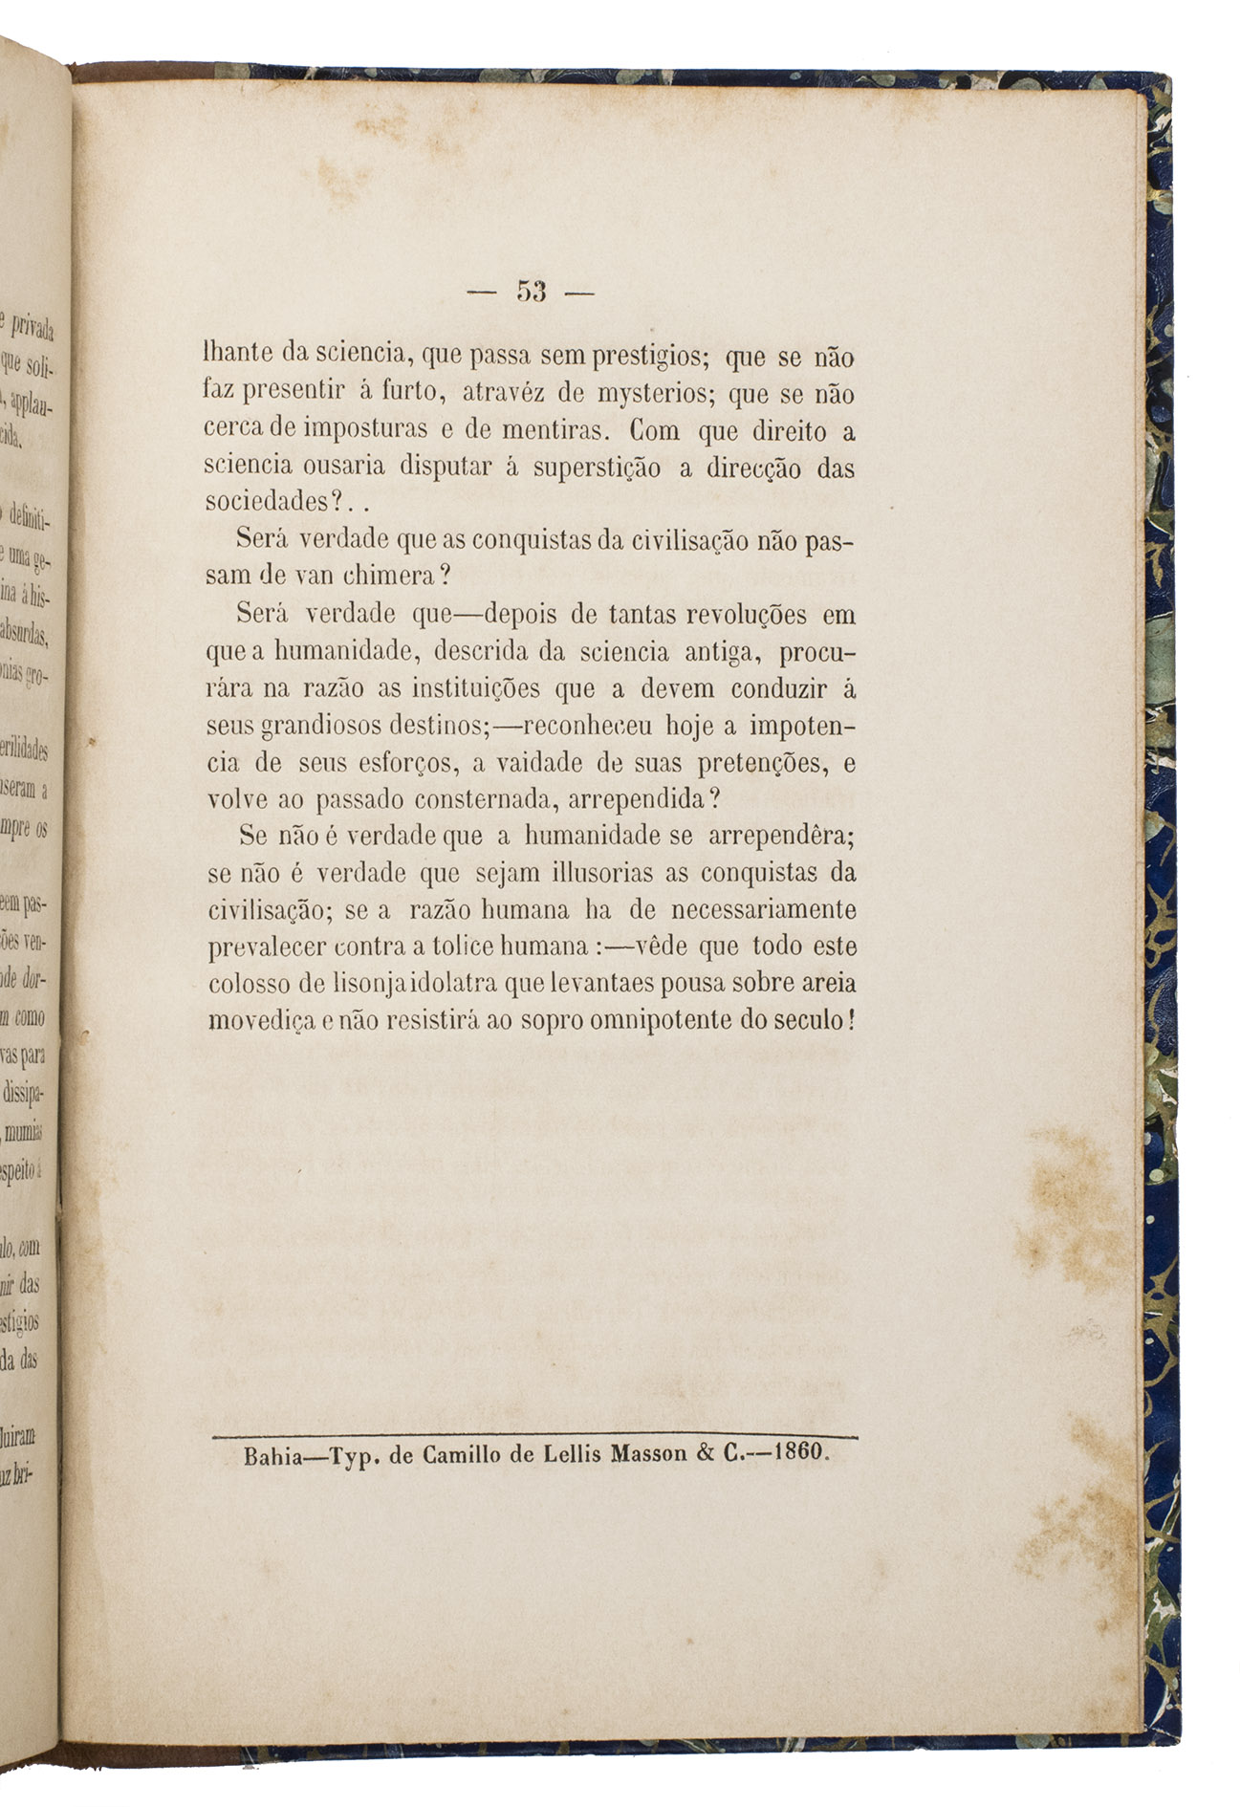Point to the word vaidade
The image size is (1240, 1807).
point(520,763)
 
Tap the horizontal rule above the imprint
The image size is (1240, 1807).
point(535,1435)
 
